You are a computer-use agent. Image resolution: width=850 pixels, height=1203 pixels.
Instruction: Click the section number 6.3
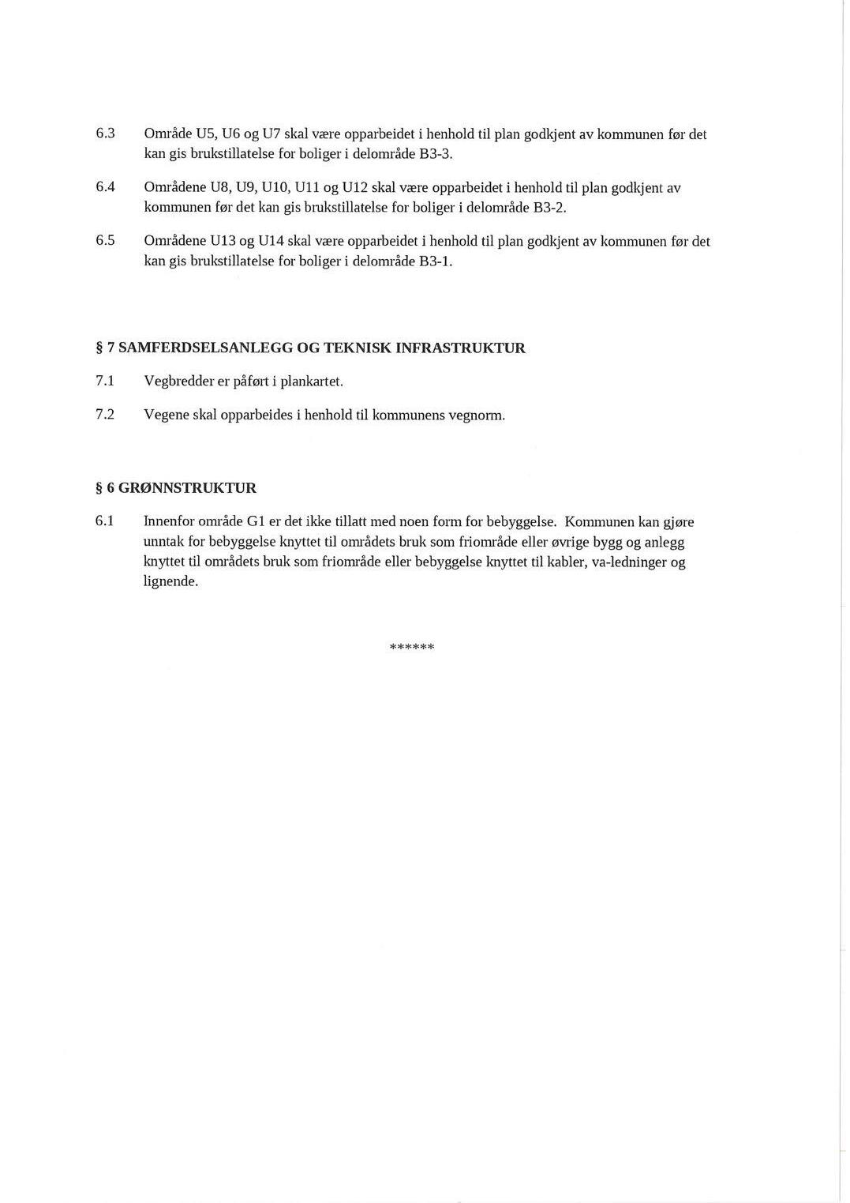(x=106, y=133)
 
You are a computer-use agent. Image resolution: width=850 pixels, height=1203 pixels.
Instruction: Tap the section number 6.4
(x=106, y=187)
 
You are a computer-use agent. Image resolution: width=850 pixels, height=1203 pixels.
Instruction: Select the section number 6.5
(x=106, y=240)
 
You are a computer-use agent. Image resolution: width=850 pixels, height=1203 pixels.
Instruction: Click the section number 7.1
(x=106, y=382)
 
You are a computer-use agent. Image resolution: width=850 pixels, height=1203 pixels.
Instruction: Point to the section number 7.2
(x=106, y=415)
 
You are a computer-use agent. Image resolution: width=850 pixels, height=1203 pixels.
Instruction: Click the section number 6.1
(x=106, y=521)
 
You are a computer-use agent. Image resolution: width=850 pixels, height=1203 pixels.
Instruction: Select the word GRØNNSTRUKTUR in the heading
(x=187, y=488)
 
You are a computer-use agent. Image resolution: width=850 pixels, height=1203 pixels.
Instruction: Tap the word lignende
(x=170, y=582)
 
